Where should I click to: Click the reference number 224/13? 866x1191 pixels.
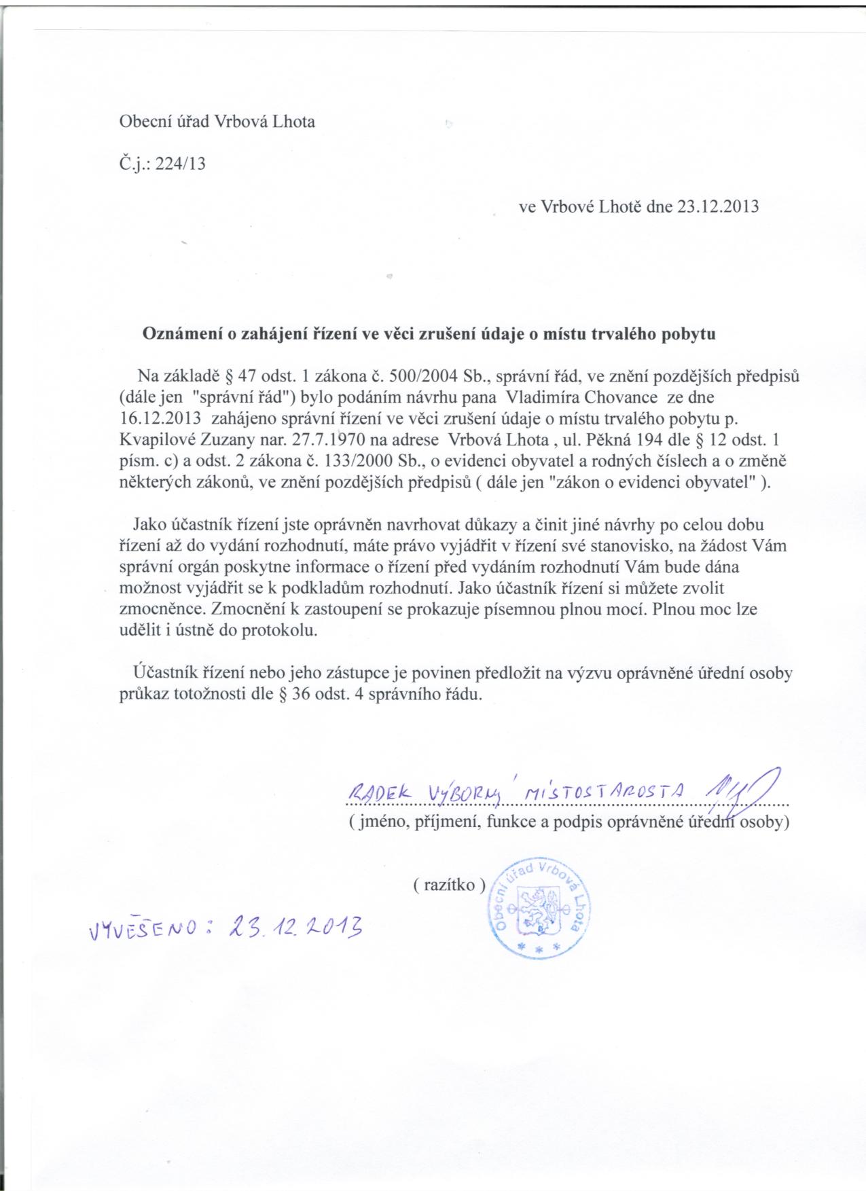tap(180, 164)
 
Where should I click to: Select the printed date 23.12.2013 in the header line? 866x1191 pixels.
tap(718, 207)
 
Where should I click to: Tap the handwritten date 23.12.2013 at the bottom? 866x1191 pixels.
tap(296, 924)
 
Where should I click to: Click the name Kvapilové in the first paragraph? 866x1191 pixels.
tap(156, 439)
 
